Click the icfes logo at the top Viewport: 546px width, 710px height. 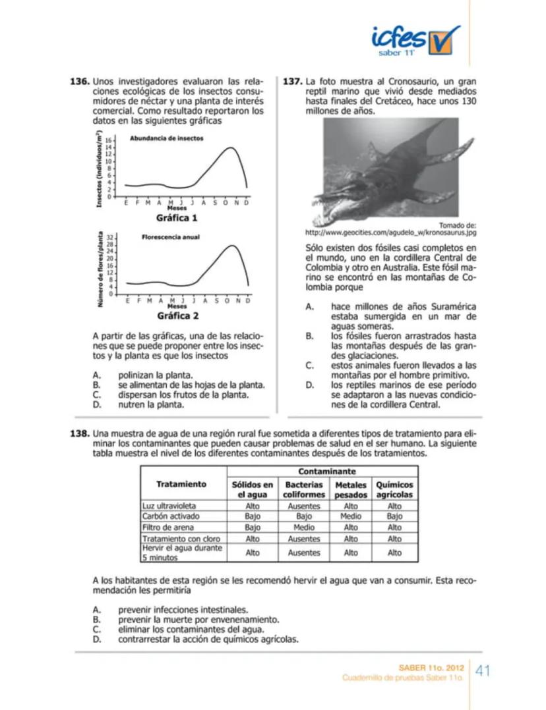415,40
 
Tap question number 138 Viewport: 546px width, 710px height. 79,436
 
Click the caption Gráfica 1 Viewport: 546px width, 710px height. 177,217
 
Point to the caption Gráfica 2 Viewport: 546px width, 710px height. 177,315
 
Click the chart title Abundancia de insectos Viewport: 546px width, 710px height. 166,138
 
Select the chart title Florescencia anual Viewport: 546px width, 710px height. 170,236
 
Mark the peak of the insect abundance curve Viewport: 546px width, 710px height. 230,148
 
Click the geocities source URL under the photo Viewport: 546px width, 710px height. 390,232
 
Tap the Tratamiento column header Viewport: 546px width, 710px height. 181,484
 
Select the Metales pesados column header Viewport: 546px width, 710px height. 351,489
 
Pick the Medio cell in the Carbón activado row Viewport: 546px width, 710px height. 351,517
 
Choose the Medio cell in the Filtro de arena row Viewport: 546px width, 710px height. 304,528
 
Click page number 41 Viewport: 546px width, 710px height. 483,671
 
